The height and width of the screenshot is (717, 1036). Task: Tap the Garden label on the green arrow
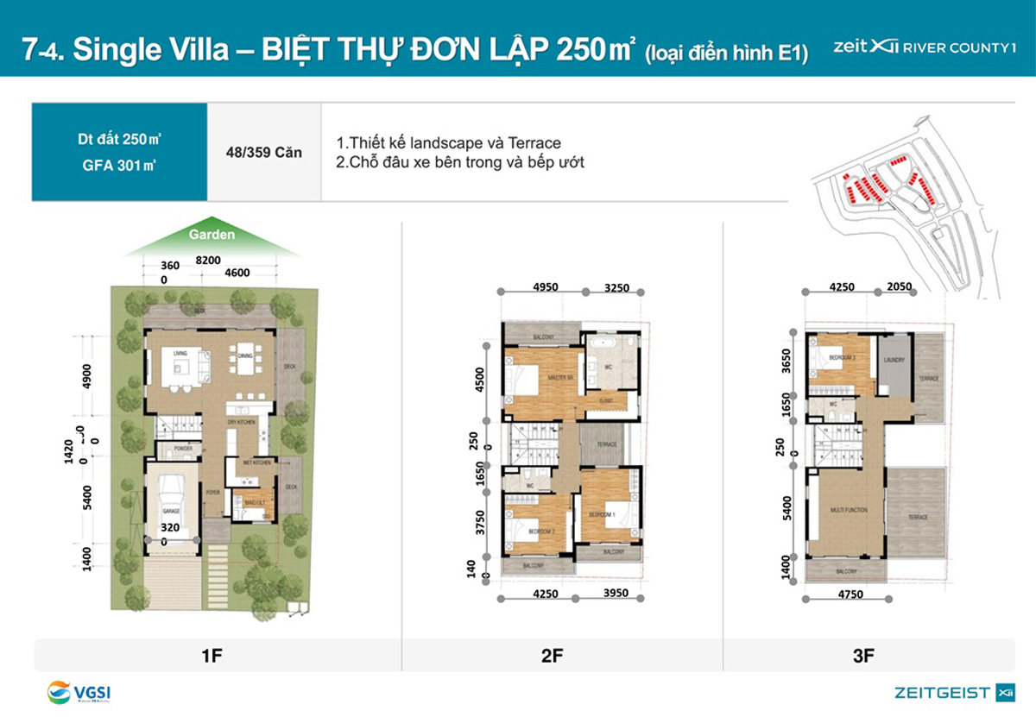(x=212, y=234)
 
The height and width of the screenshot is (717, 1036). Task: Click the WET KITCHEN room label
(x=256, y=463)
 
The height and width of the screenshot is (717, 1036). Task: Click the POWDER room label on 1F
(x=181, y=449)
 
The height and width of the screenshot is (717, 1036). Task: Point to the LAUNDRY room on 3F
(x=893, y=361)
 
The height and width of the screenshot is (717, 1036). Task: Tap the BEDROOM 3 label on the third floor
(x=842, y=356)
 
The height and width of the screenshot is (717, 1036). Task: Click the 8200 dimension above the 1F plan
(x=207, y=259)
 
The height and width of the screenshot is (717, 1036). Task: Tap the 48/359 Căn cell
(x=263, y=153)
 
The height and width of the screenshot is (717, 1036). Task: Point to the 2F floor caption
(x=552, y=656)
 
